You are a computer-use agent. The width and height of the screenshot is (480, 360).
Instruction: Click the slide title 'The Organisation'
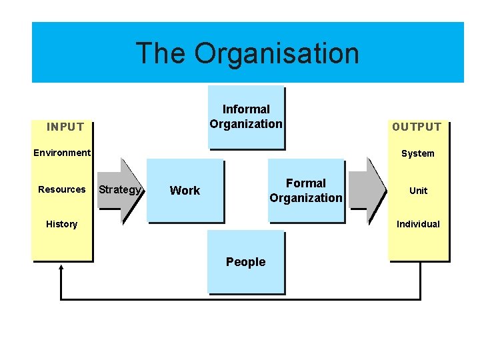coord(247,53)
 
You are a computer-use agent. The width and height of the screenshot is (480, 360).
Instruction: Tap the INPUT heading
coord(65,127)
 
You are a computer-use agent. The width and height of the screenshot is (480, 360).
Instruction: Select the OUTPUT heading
coord(417,127)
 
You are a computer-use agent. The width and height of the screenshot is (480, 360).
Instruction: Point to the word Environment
coord(62,153)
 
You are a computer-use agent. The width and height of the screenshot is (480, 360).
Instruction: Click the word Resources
coord(62,189)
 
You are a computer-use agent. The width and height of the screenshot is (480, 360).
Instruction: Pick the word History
coord(62,224)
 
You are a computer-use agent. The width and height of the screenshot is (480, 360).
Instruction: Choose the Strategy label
coord(120,189)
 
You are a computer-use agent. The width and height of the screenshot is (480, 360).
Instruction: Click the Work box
coord(185,191)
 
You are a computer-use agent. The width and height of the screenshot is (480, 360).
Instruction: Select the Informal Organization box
coord(246,117)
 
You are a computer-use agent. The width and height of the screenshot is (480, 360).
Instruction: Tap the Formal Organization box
coord(306,191)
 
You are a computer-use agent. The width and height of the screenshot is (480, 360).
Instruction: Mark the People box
coord(245,262)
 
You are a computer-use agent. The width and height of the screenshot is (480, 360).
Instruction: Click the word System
coord(418,153)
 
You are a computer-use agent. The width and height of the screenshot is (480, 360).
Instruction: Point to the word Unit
coord(418,191)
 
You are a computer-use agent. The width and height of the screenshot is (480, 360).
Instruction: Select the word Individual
coord(418,224)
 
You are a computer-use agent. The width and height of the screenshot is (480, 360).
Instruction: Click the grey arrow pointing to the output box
coord(367,190)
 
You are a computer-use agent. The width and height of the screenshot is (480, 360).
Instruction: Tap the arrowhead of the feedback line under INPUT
coord(61,268)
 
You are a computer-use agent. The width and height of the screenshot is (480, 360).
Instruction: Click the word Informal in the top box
coord(246,109)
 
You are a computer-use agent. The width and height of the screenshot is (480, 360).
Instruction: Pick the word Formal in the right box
coord(306,183)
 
